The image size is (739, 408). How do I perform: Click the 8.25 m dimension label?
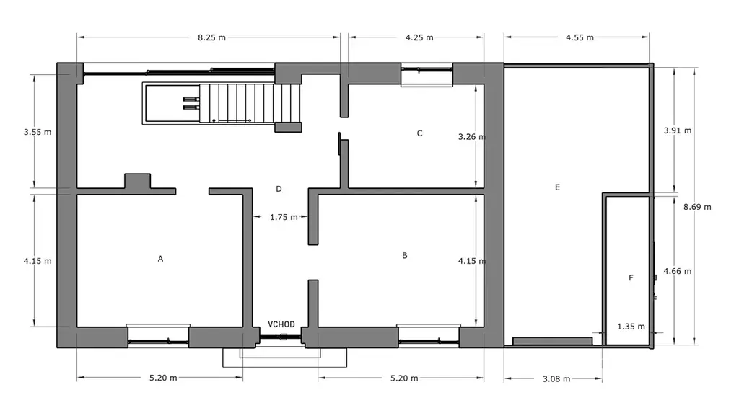tap(211, 37)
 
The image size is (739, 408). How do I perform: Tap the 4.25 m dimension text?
tap(419, 37)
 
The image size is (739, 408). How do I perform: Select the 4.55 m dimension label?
tap(580, 37)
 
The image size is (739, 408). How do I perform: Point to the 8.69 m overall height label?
tap(698, 207)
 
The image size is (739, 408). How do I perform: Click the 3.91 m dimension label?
tap(678, 130)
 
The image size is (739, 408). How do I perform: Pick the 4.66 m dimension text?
tap(678, 271)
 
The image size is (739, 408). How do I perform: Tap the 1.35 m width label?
tap(631, 327)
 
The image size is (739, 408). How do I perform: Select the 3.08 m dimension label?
tap(556, 379)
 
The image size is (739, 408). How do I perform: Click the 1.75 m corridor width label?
tap(284, 218)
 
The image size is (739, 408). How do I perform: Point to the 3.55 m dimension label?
tap(38, 132)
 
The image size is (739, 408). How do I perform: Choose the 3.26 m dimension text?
tap(472, 137)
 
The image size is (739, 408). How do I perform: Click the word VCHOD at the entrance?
tap(281, 324)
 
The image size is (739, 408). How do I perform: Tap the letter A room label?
tap(160, 259)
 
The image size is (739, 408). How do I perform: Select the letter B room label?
tap(404, 255)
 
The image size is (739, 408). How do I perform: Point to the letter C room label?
tap(419, 133)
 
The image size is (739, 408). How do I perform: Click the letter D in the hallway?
tap(279, 189)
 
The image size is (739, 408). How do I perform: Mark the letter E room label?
tap(557, 187)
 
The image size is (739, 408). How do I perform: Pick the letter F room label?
tap(631, 278)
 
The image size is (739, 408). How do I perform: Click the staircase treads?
tap(250, 103)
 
